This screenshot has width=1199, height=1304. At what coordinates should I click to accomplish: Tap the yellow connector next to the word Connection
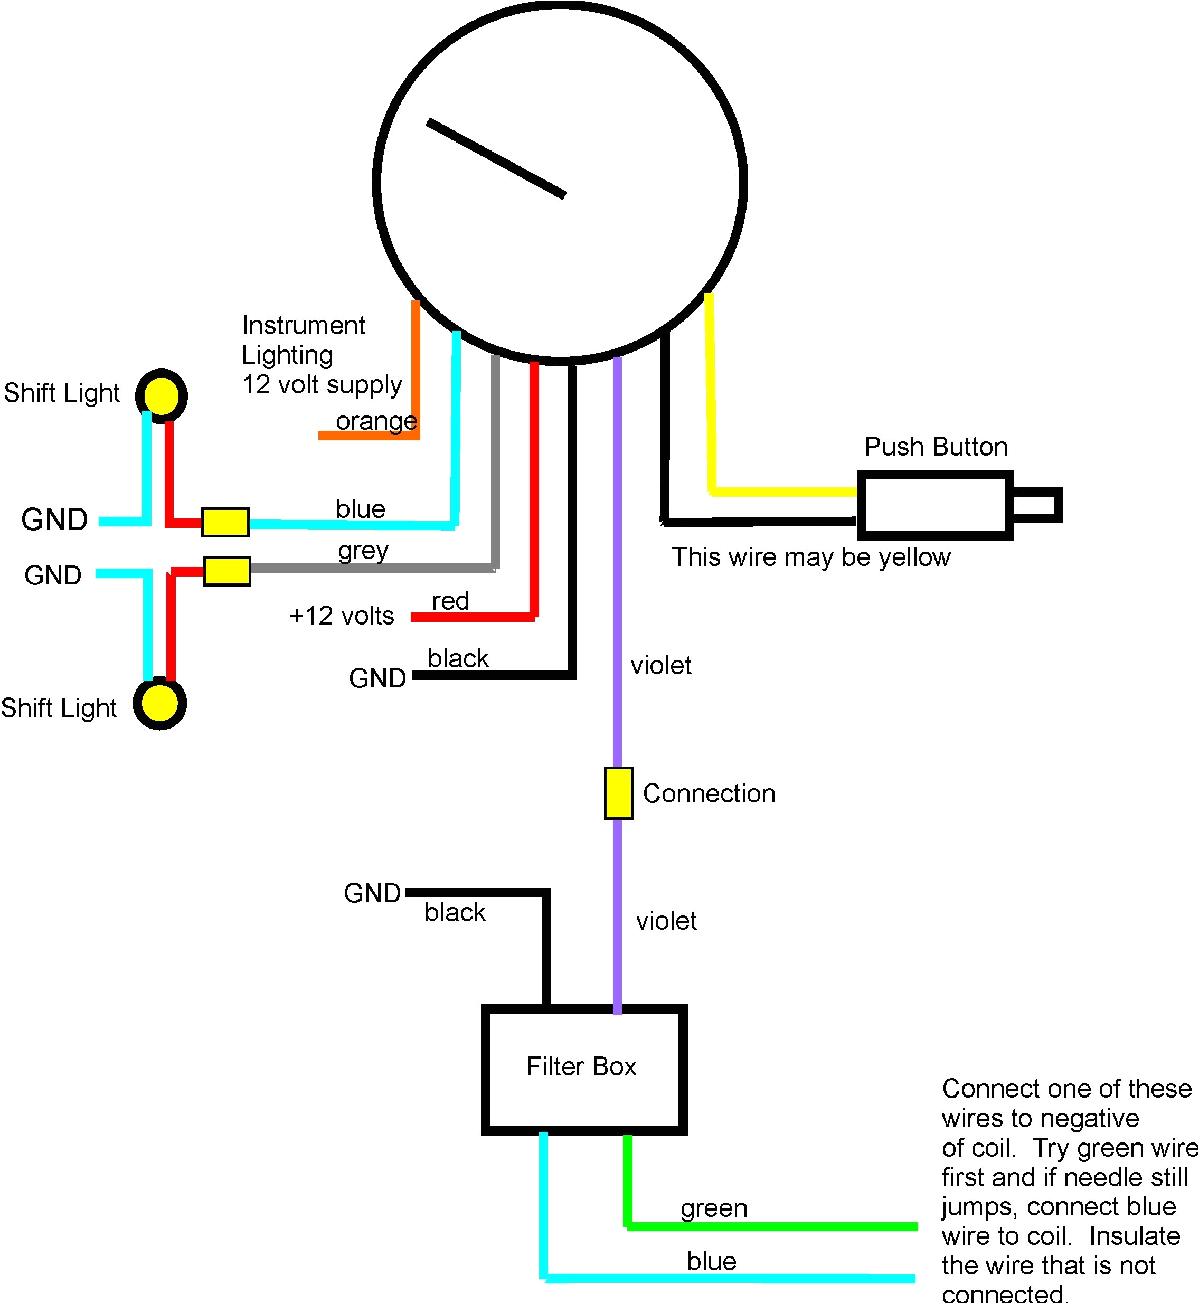[x=618, y=793]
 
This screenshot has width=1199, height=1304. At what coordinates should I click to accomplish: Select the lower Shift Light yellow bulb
[x=159, y=704]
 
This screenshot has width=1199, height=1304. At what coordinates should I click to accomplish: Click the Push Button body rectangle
[x=934, y=505]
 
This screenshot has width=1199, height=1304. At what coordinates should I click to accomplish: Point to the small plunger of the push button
[x=1037, y=505]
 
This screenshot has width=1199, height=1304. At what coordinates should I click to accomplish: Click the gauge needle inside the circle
[x=496, y=158]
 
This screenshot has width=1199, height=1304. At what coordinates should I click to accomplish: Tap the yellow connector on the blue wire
[x=225, y=522]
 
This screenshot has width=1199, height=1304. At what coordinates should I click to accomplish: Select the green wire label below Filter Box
[x=714, y=1208]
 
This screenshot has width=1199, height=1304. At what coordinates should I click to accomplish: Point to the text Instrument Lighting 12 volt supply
[x=321, y=355]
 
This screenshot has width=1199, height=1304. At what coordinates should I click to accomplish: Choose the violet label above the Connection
[x=660, y=666]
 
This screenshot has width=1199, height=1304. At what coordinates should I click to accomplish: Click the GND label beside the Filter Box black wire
[x=372, y=893]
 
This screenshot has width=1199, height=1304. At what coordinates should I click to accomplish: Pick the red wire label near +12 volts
[x=450, y=601]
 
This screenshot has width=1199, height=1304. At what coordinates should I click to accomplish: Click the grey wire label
[x=363, y=551]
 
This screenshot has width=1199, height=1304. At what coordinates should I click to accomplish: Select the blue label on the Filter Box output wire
[x=711, y=1261]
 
